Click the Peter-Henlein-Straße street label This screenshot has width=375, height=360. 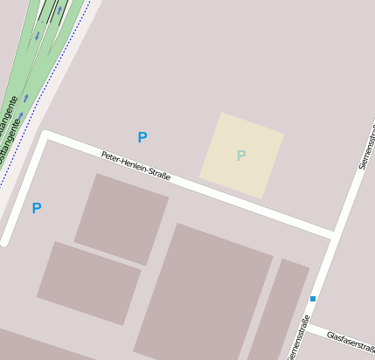pyautogui.click(x=135, y=166)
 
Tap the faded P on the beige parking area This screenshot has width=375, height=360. pyautogui.click(x=241, y=156)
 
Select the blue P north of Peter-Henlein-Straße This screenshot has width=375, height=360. pyautogui.click(x=142, y=137)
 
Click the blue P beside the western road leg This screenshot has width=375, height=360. pyautogui.click(x=37, y=208)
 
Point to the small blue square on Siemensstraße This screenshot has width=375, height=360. pyautogui.click(x=312, y=299)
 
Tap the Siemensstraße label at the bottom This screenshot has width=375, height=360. pyautogui.click(x=296, y=339)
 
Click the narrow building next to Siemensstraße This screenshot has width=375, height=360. pyautogui.click(x=278, y=310)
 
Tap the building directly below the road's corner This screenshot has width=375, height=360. pyautogui.click(x=121, y=218)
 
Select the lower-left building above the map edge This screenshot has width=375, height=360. pyautogui.click(x=87, y=282)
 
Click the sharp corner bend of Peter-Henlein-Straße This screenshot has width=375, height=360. pyautogui.click(x=46, y=136)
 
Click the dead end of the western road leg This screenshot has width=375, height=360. pyautogui.click(x=5, y=240)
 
